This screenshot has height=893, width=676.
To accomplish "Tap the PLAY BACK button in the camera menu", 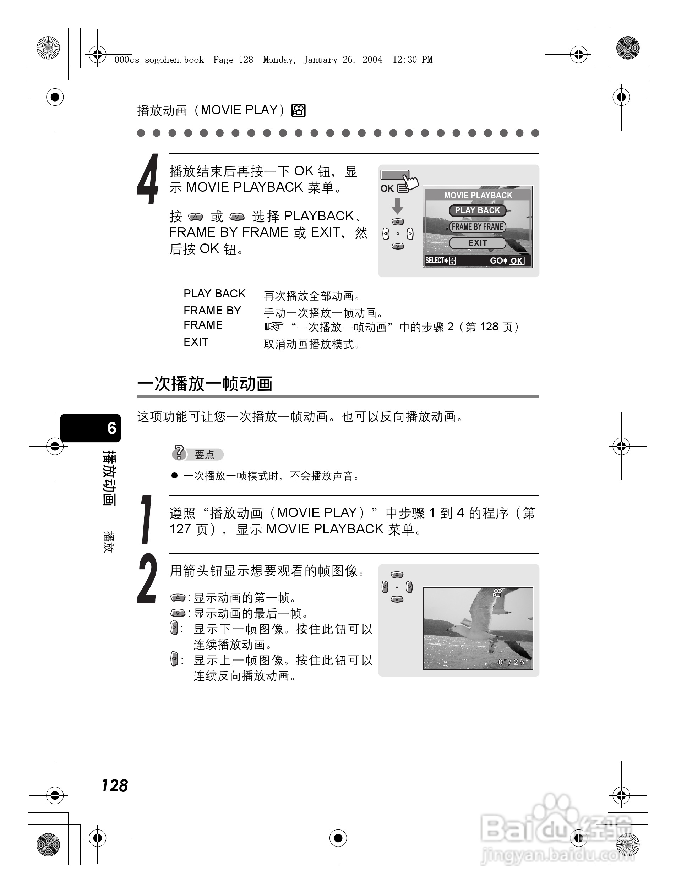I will click(x=477, y=210).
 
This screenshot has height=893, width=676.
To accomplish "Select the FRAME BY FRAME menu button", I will click(x=477, y=227).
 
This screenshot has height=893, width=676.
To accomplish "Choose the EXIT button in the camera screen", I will click(x=477, y=243).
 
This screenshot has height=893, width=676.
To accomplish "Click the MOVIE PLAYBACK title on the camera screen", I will click(x=478, y=196).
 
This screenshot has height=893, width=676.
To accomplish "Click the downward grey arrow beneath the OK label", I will click(x=397, y=206).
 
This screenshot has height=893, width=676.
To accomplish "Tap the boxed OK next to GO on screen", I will click(x=516, y=261).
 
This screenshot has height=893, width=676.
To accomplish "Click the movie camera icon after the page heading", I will click(x=299, y=111).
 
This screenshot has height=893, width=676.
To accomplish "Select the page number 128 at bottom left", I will click(x=115, y=785).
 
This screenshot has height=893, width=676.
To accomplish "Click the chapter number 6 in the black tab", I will click(x=112, y=428).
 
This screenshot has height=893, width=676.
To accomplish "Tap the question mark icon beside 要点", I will click(x=179, y=453).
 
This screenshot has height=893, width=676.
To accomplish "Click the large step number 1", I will click(x=147, y=520).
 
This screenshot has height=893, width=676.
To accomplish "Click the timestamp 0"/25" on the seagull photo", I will click(x=513, y=662).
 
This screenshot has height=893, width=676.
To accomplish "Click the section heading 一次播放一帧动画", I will click(x=205, y=384).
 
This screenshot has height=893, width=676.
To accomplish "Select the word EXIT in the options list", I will click(x=196, y=342).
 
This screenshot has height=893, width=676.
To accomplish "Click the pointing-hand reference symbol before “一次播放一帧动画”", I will click(x=274, y=327).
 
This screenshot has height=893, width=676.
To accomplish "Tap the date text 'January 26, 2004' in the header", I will click(x=343, y=60).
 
